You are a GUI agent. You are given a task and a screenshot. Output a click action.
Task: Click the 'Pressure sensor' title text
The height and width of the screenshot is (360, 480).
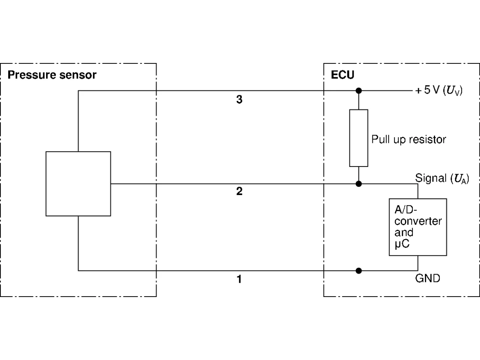point(52,75)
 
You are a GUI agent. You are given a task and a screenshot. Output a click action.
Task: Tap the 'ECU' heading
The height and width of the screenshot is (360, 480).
point(342,75)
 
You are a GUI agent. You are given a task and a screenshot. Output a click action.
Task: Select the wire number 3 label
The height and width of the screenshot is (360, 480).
point(239,99)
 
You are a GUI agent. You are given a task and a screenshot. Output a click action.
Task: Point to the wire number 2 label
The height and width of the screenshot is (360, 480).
point(239,191)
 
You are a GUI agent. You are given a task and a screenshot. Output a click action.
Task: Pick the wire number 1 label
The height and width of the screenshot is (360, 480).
point(239,279)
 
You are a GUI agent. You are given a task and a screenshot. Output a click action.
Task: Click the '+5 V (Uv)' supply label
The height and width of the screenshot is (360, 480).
point(439,90)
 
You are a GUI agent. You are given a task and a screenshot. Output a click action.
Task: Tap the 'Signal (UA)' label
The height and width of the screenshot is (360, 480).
point(442,178)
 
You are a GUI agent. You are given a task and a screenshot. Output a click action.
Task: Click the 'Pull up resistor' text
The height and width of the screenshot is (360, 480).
point(408,140)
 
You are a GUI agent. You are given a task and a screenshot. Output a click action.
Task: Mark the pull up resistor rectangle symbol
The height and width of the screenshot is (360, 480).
point(358,138)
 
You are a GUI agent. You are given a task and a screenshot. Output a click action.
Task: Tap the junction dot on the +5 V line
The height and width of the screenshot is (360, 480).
point(358,90)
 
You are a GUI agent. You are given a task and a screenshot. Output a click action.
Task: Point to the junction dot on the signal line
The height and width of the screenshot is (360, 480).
point(358,184)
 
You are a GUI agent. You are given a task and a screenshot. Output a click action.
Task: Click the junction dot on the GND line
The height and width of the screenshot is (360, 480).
point(358,271)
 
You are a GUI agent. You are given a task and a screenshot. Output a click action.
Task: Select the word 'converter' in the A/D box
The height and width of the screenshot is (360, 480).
point(418,221)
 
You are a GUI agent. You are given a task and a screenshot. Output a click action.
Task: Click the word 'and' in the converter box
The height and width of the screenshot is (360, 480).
point(403,232)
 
